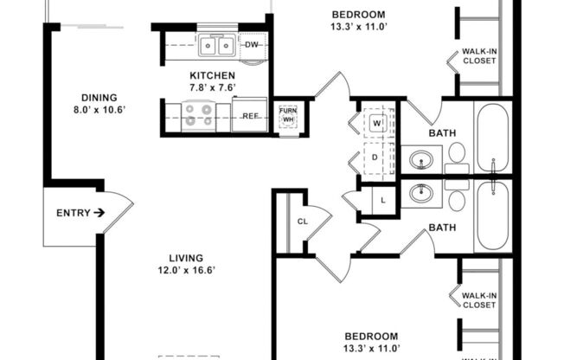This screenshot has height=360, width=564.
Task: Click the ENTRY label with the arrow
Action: click(x=80, y=213)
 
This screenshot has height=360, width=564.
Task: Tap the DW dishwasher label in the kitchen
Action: click(x=252, y=45)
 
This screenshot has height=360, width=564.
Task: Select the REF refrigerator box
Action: click(x=250, y=115)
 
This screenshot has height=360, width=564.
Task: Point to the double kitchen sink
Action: click(x=216, y=45)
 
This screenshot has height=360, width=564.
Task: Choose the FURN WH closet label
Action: click(x=288, y=115)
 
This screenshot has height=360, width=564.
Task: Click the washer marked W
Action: click(x=377, y=123)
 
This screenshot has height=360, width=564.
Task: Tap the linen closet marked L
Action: click(x=383, y=202)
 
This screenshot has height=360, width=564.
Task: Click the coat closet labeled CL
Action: click(x=303, y=222)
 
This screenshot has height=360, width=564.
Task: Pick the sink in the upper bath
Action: click(x=422, y=160)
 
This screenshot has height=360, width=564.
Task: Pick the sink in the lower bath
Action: click(x=422, y=194)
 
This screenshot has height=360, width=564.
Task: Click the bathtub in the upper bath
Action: click(x=493, y=138)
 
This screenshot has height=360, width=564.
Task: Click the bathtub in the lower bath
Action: click(x=493, y=216)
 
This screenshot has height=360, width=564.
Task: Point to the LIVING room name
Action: click(x=186, y=258)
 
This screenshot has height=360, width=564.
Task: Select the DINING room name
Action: click(x=99, y=98)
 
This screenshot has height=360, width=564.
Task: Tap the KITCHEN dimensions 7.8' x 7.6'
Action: click(x=213, y=87)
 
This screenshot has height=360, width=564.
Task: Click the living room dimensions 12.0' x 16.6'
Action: click(x=186, y=270)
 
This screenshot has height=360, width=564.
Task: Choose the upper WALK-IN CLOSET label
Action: click(x=479, y=56)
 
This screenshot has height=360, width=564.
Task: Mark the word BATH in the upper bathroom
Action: click(x=443, y=133)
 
